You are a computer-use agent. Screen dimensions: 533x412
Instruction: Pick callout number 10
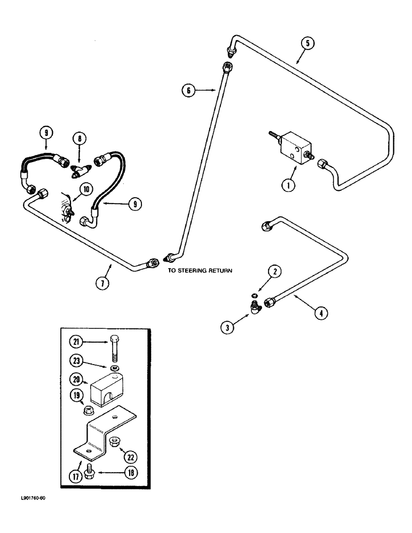85,188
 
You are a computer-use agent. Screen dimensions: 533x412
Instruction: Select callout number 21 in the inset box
76,342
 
